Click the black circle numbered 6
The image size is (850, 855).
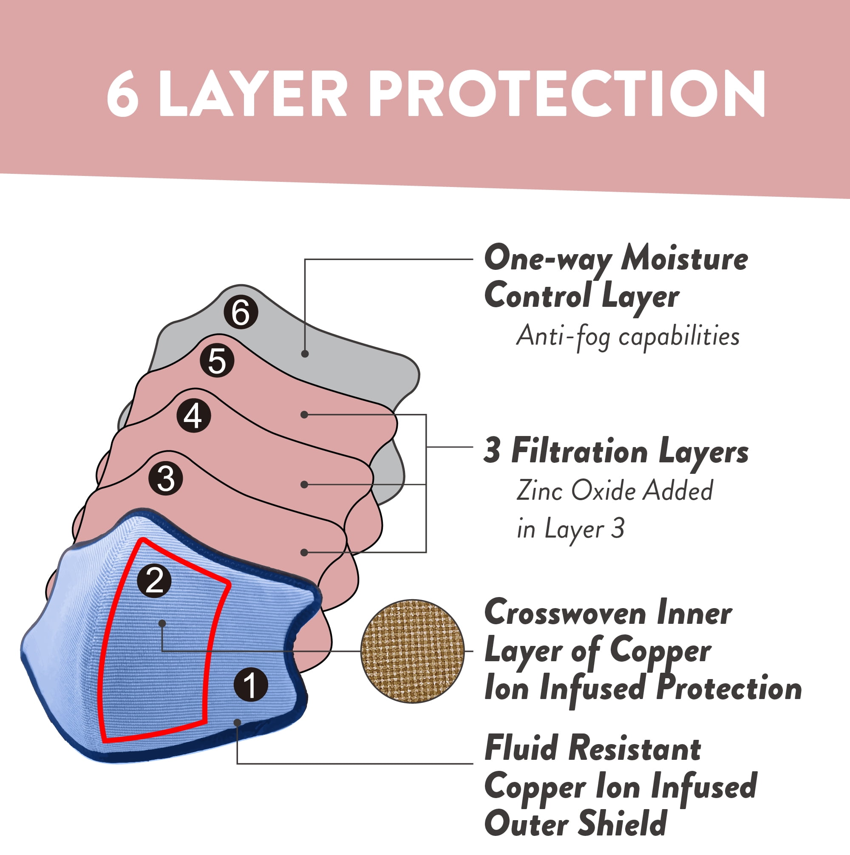click(241, 312)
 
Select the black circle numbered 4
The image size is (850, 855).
click(193, 416)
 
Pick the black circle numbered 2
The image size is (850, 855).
click(154, 580)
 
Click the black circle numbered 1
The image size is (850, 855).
click(251, 685)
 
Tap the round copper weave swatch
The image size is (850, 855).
click(413, 651)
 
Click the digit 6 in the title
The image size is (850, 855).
click(123, 94)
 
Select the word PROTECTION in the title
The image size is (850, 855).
click(567, 94)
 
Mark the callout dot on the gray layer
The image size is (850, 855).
click(305, 354)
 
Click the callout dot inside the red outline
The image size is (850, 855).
click(162, 623)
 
